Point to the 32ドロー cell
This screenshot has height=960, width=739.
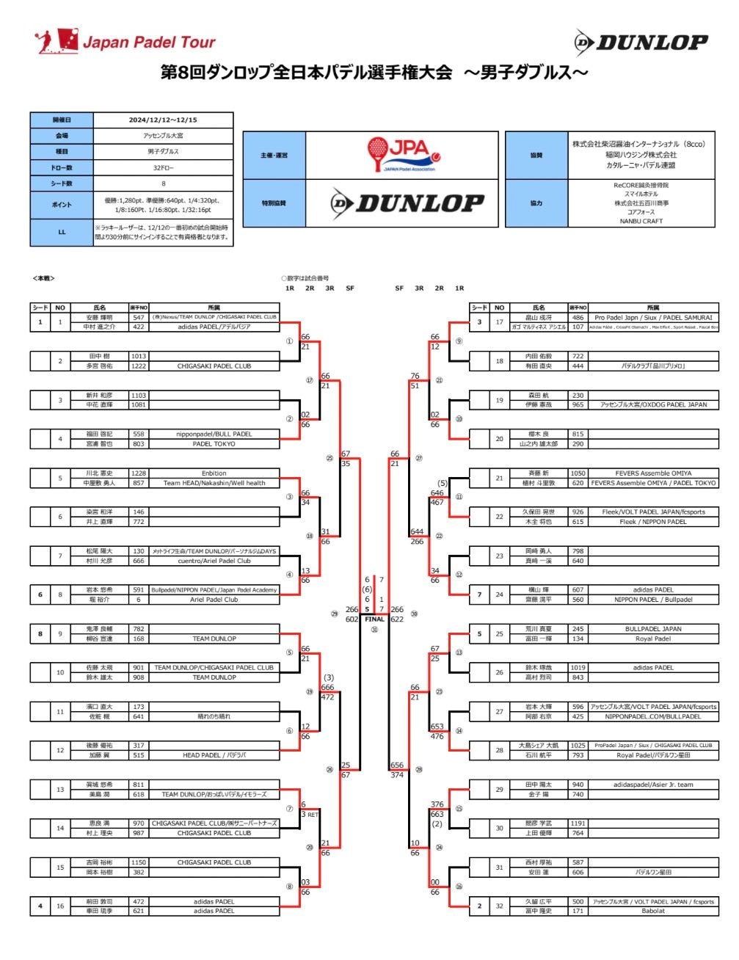pyautogui.click(x=163, y=167)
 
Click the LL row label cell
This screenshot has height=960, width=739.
pyautogui.click(x=62, y=232)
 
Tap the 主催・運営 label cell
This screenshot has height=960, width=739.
pyautogui.click(x=274, y=156)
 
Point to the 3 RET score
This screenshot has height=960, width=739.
pyautogui.click(x=308, y=815)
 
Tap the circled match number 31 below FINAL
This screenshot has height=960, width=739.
pyautogui.click(x=374, y=630)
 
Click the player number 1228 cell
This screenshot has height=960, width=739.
pyautogui.click(x=139, y=473)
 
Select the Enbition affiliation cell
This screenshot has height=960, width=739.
pyautogui.click(x=214, y=473)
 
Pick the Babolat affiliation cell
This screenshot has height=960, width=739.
pyautogui.click(x=653, y=911)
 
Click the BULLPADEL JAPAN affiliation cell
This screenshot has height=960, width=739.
pyautogui.click(x=653, y=629)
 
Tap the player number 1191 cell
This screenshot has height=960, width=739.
pyautogui.click(x=578, y=823)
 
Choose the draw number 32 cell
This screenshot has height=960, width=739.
pyautogui.click(x=499, y=906)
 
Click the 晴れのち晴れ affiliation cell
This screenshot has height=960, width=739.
pyautogui.click(x=214, y=716)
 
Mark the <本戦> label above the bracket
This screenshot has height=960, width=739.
pyautogui.click(x=44, y=278)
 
